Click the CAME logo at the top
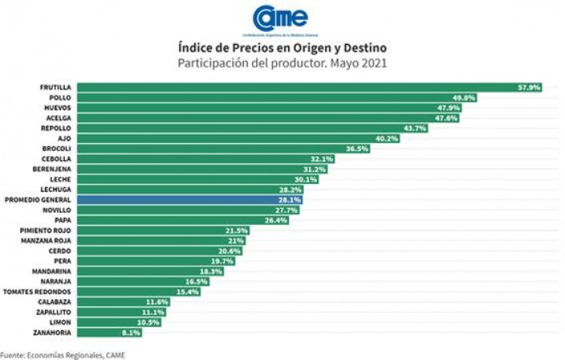279,18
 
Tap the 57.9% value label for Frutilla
530,86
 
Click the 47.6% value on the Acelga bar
458,118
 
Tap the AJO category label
65,138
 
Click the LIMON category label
61,322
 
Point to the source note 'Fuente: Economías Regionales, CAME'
62,354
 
